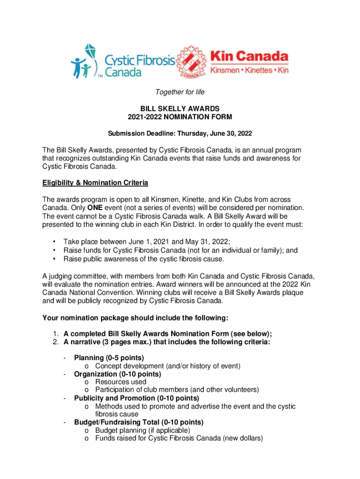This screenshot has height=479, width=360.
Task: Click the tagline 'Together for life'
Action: tap(180, 92)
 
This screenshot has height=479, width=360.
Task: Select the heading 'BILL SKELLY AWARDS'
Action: tap(180, 109)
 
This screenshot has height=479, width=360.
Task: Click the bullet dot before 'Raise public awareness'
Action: tap(55, 259)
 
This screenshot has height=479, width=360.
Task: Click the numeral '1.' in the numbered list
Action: tap(55, 334)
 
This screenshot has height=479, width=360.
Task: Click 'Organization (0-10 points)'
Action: tap(117, 374)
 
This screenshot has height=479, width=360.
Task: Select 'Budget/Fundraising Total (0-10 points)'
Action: tap(138, 422)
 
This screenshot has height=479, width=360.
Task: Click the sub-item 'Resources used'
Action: tap(121, 382)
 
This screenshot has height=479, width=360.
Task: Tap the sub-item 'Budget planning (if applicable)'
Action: tap(143, 430)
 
